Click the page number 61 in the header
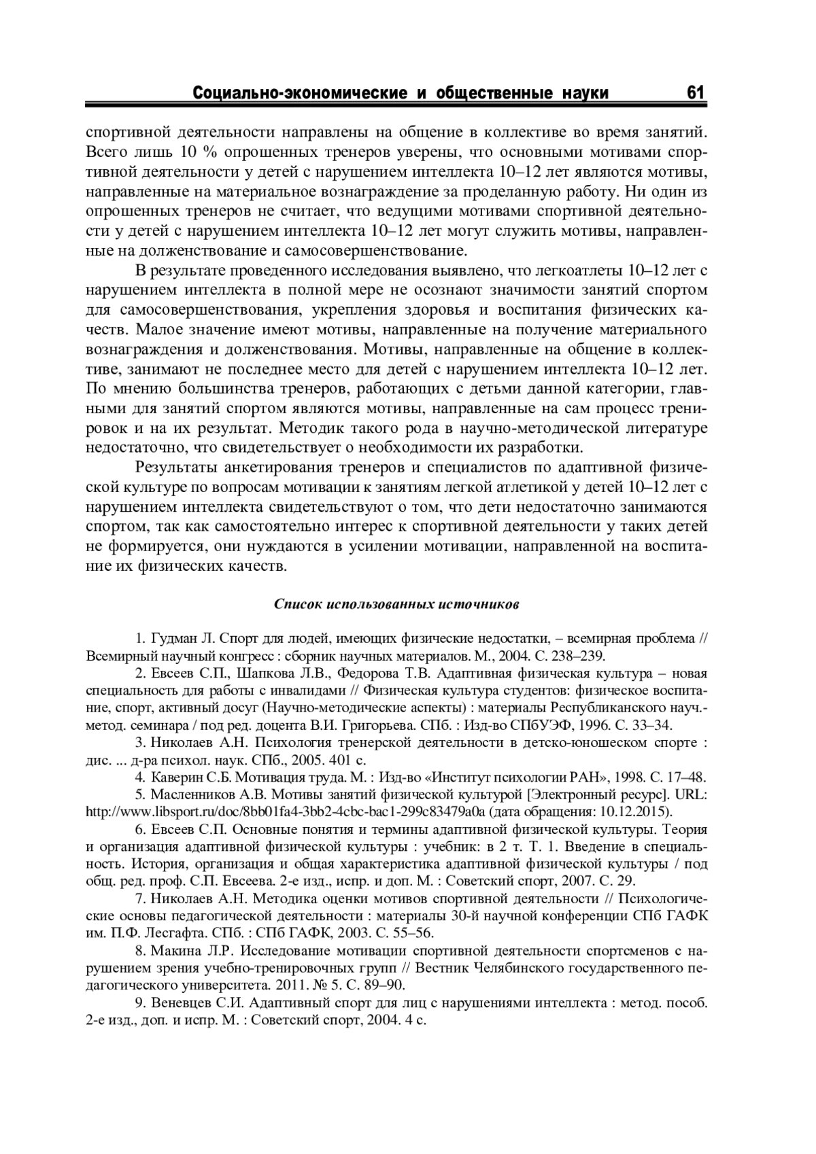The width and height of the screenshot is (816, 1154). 696,92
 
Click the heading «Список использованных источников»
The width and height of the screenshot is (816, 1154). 397,604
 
